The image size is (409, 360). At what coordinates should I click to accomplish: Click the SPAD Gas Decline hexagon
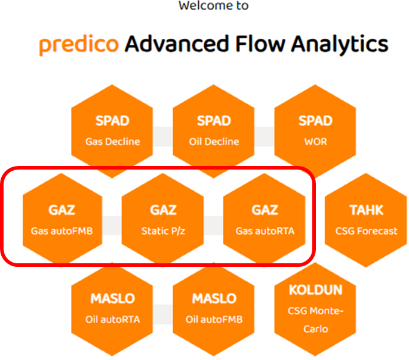[112, 131]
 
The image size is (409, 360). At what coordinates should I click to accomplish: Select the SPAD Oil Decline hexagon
[214, 131]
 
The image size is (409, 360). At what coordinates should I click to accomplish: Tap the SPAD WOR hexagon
[315, 131]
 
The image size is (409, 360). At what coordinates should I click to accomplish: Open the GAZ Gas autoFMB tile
[61, 220]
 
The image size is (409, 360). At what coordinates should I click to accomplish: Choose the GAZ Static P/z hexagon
[163, 220]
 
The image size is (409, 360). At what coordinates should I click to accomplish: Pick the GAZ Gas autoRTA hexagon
[265, 220]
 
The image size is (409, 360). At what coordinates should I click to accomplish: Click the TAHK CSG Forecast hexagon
[367, 220]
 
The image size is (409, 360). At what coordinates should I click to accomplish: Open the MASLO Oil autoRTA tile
[112, 309]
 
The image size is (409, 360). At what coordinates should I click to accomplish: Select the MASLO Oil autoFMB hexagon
[214, 309]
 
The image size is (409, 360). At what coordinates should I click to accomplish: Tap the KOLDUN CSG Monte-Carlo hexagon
[315, 309]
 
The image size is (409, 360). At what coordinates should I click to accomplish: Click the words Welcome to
[213, 6]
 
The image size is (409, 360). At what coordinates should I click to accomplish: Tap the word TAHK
[367, 210]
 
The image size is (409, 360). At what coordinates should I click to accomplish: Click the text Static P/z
[163, 230]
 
